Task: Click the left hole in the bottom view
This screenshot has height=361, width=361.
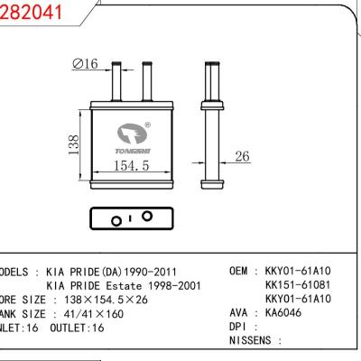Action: tap(115, 219)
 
